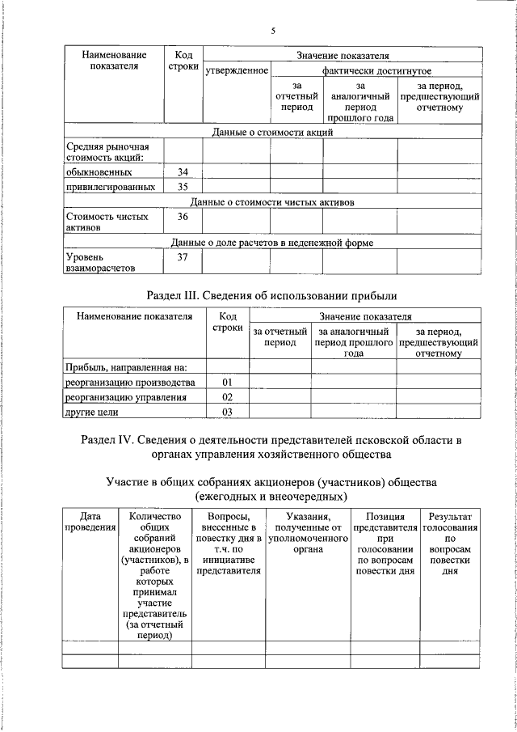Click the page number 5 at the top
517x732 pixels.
273,31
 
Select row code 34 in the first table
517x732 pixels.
183,171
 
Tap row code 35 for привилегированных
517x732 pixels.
183,187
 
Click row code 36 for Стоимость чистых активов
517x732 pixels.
183,217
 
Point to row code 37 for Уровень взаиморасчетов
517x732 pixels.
183,257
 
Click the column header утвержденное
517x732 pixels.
236,71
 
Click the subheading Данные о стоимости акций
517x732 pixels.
273,131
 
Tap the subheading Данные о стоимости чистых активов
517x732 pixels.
273,202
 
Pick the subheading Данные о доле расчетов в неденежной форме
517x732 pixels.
273,242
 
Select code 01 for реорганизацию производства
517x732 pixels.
228,382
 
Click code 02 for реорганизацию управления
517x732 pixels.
228,397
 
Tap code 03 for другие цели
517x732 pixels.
228,413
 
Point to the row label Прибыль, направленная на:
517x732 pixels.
126,367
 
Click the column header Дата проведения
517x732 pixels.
90,522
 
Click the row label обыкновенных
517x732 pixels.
100,171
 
